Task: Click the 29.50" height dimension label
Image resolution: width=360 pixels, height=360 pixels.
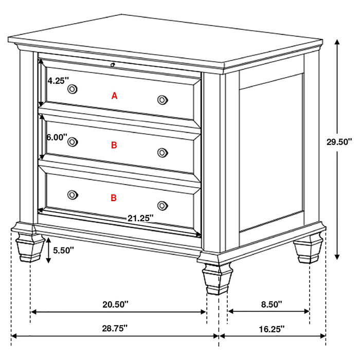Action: click(339, 141)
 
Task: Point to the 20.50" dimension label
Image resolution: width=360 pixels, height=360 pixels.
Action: click(115, 304)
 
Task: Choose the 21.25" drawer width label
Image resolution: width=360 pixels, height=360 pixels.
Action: click(140, 218)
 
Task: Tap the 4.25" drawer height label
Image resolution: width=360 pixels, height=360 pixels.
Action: click(57, 81)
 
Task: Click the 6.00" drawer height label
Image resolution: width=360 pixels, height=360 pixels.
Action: click(57, 137)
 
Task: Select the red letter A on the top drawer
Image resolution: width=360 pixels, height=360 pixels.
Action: click(115, 95)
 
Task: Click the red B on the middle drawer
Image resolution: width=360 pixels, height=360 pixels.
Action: click(114, 146)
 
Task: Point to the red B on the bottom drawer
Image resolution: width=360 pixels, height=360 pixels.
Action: click(114, 197)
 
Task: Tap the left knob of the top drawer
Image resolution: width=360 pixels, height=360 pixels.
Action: click(73, 89)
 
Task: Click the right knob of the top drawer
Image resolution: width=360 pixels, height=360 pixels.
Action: click(163, 99)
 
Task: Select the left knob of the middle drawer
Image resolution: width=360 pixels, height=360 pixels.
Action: click(73, 141)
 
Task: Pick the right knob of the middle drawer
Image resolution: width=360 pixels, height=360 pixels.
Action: click(163, 152)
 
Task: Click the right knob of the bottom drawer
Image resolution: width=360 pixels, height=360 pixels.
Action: click(163, 205)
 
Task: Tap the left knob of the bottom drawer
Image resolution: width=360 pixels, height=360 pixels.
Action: click(73, 194)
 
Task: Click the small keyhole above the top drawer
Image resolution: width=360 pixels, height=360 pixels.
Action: click(112, 64)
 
